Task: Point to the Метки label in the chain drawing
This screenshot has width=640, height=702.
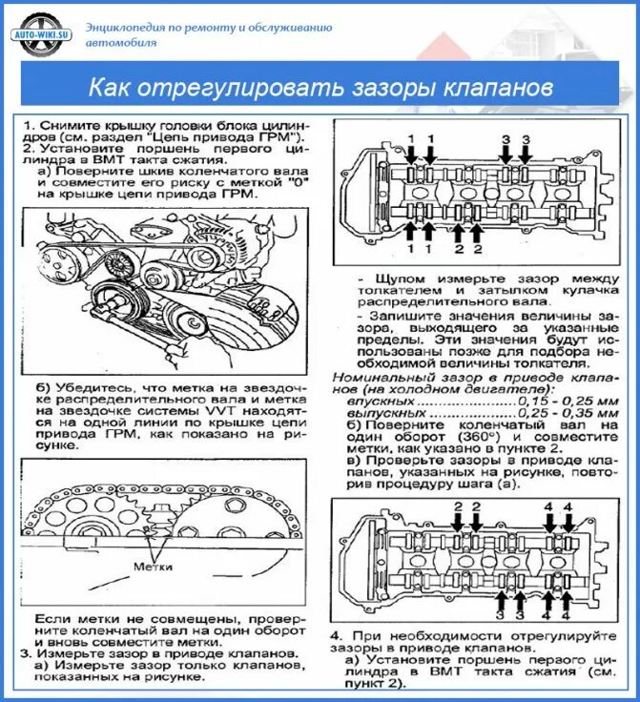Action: coord(153,566)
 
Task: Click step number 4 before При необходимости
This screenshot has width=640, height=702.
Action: coord(337,635)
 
